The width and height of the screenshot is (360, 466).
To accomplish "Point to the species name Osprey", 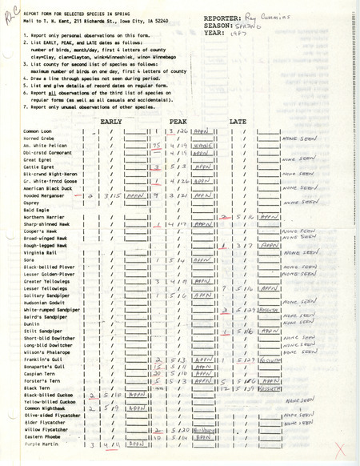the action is [33, 202].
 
